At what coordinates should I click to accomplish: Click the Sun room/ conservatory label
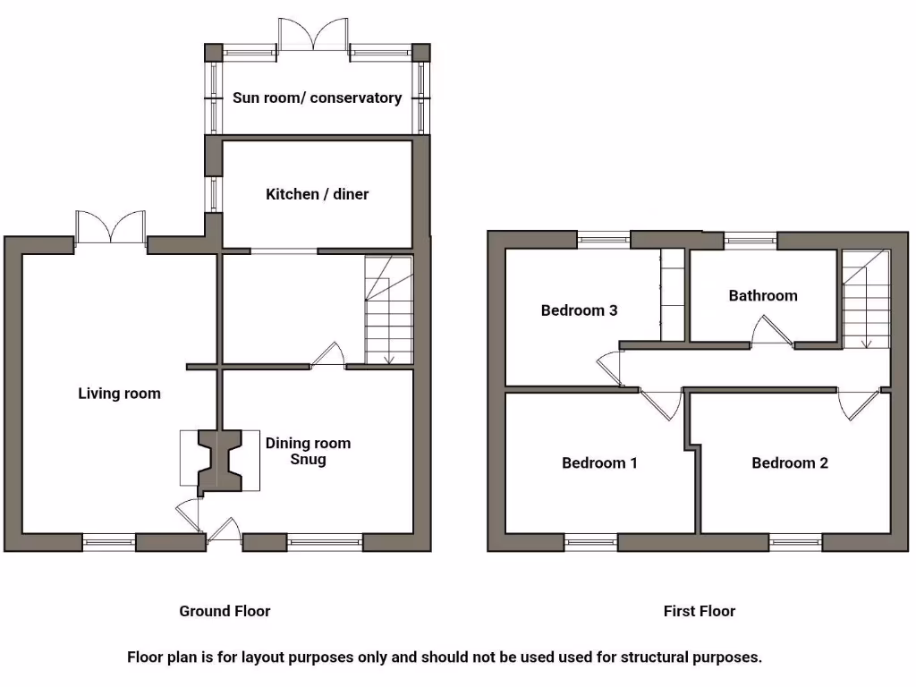point(317,98)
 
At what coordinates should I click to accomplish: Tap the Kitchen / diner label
point(317,194)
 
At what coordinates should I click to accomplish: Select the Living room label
point(119,393)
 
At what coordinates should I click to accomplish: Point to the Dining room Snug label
point(308,451)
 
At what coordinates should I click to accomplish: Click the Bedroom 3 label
point(579,310)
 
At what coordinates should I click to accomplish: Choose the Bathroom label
point(762,295)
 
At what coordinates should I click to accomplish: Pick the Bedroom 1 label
point(599,462)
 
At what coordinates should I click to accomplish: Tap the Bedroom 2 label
point(789,462)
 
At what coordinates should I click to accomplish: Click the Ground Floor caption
point(225,611)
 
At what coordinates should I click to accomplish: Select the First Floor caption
point(699,611)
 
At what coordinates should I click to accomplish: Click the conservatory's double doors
point(312,35)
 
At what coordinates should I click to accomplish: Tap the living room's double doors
point(110,227)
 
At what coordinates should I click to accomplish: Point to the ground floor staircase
point(389,310)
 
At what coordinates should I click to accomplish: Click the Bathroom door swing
point(772,334)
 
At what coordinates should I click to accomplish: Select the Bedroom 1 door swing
point(661,403)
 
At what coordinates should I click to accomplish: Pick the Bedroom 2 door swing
point(860,404)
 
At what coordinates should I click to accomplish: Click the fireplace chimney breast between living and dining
point(219,461)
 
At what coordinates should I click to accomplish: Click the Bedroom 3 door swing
point(611,368)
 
